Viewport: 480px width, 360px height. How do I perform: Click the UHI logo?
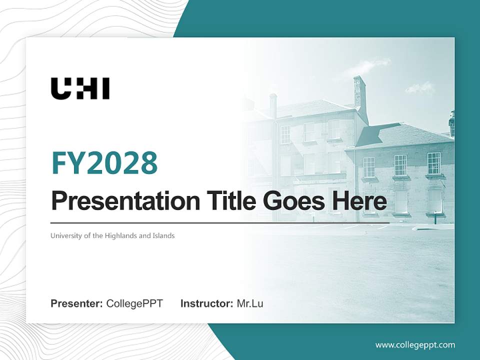pyautogui.click(x=80, y=88)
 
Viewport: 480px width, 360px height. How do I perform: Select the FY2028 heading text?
pyautogui.click(x=104, y=163)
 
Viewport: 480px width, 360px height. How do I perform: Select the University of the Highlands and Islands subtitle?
pyautogui.click(x=112, y=235)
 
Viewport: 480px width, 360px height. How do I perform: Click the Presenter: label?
pyautogui.click(x=77, y=303)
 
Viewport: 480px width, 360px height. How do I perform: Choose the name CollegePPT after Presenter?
pyautogui.click(x=134, y=303)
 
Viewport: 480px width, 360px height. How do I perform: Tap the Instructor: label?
pyautogui.click(x=206, y=303)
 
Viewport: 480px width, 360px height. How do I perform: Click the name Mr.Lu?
pyautogui.click(x=250, y=303)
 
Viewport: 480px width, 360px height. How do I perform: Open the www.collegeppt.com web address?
pyautogui.click(x=415, y=344)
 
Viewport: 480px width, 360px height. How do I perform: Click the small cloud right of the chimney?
pyautogui.click(x=420, y=88)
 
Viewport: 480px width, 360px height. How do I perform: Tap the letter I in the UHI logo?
pyautogui.click(x=105, y=88)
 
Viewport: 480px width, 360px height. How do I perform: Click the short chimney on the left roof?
pyautogui.click(x=273, y=105)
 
